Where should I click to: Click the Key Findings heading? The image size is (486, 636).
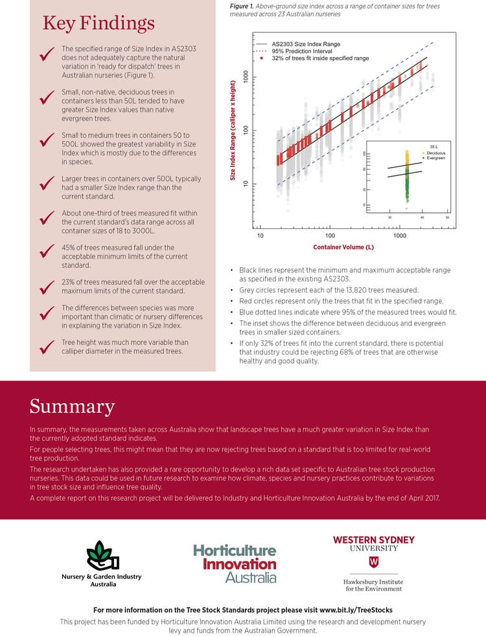pyautogui.click(x=98, y=24)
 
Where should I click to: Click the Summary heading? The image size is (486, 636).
pyautogui.click(x=72, y=407)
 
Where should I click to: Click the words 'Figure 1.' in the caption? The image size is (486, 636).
pyautogui.click(x=242, y=5)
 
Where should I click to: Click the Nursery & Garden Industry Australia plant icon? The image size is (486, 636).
pyautogui.click(x=103, y=555)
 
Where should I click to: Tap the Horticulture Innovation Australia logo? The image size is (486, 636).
pyautogui.click(x=235, y=563)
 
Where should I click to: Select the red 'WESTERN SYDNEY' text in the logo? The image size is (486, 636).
pyautogui.click(x=373, y=540)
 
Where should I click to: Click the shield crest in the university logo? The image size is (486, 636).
pyautogui.click(x=373, y=561)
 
